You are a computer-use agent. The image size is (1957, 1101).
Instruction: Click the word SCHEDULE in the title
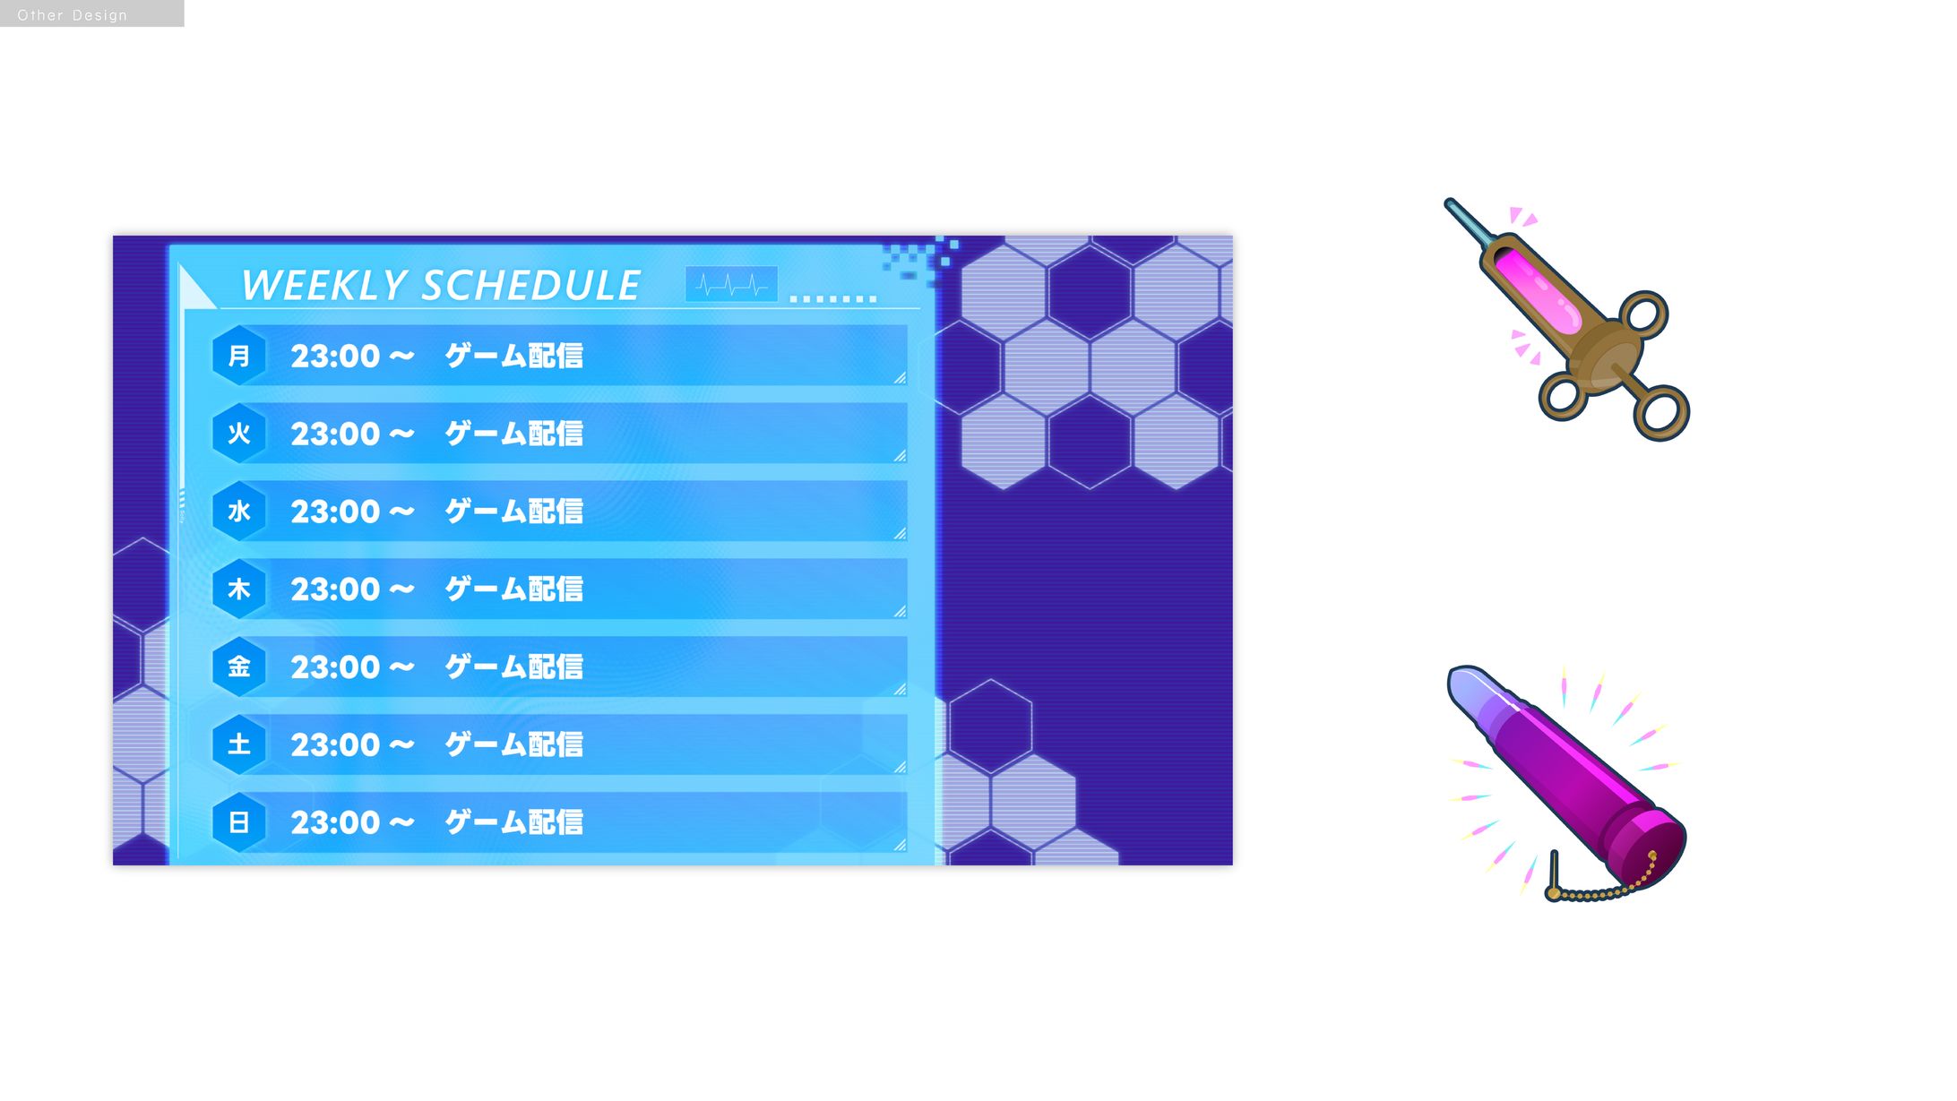point(531,286)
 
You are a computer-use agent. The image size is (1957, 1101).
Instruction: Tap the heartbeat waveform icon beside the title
point(731,285)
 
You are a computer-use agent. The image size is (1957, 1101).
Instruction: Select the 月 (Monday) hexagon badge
point(239,356)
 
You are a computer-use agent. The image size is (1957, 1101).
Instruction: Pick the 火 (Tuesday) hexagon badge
point(239,434)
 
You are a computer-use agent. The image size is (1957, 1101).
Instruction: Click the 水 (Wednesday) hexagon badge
point(239,512)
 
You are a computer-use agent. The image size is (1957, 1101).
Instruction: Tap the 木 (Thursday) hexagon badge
point(239,589)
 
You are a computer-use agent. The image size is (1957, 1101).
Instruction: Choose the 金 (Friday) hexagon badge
point(239,667)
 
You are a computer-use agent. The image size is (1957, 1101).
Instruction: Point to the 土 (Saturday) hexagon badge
point(239,744)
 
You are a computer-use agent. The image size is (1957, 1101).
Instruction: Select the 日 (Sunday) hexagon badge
point(239,822)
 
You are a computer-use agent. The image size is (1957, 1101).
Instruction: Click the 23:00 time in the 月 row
point(335,357)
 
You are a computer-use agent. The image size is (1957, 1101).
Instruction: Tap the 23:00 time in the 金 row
point(335,667)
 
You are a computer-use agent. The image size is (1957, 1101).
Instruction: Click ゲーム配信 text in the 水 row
point(514,512)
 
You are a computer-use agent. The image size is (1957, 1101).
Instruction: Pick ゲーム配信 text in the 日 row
point(514,822)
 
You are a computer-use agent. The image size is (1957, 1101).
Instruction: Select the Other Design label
point(73,15)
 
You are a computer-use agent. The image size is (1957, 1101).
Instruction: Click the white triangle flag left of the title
point(197,288)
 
